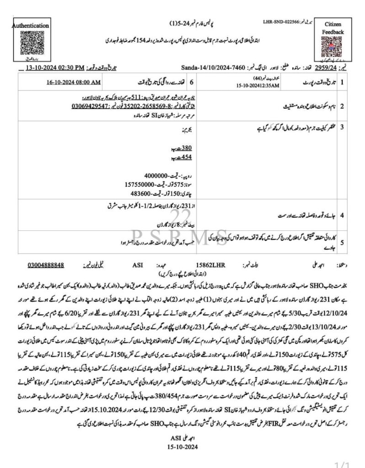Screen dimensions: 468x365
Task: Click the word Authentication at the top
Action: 31,26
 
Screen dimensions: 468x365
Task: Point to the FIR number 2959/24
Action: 337,68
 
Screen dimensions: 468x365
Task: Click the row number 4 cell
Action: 354,213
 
